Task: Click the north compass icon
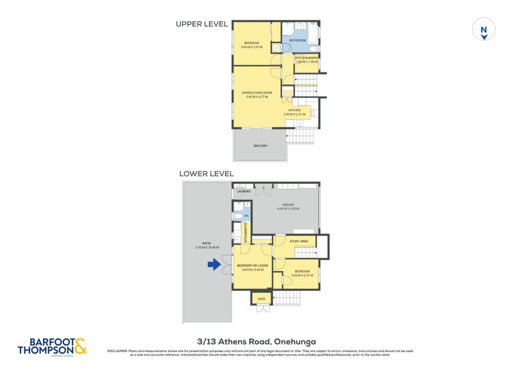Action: click(484, 31)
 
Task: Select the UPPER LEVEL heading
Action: click(202, 24)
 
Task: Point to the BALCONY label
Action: click(260, 146)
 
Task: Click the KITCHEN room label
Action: click(294, 110)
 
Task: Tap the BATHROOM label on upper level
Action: click(298, 40)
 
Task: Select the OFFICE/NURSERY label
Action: click(306, 58)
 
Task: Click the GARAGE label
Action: click(285, 205)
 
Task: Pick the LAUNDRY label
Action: click(244, 191)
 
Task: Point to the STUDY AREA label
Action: click(299, 241)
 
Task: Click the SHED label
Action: click(261, 298)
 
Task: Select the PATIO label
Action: click(206, 244)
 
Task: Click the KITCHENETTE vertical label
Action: click(244, 231)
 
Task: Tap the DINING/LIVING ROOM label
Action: click(257, 93)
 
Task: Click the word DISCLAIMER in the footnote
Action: click(117, 350)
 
